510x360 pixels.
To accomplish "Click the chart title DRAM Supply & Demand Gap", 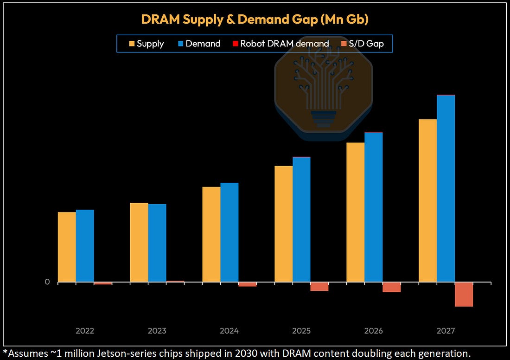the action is coord(255,19).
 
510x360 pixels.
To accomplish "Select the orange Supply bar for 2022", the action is coord(67,247).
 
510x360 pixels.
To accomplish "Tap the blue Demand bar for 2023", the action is coord(157,243).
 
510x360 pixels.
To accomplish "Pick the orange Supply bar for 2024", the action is coord(211,234).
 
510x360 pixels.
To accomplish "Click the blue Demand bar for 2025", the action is coord(301,219).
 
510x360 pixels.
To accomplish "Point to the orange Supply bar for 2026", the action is coord(356,212).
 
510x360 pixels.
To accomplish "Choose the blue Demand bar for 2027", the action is coord(446,188).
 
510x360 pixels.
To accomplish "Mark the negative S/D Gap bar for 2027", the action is coord(464,295).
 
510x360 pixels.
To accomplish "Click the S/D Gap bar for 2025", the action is coord(319,287).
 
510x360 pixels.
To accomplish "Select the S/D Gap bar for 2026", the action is coord(392,288).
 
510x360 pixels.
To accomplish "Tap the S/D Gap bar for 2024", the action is coord(247,284).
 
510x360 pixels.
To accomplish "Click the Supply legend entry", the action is coord(147,44).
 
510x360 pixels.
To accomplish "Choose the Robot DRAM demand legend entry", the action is coord(281,44).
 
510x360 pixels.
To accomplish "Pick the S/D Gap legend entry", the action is coord(363,44).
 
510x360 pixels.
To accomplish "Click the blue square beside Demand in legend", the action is coord(181,44).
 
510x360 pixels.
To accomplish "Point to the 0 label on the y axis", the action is coord(47,282).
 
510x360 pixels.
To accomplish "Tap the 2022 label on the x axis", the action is coord(85,331).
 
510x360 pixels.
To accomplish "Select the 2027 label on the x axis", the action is coord(446,331).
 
